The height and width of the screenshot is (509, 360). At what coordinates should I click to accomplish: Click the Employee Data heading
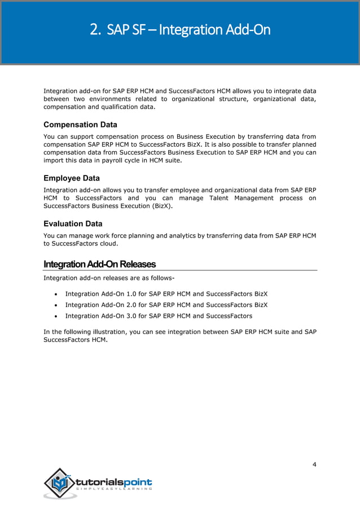tap(72, 178)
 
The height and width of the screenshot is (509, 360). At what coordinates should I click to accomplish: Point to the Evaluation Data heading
tap(73, 223)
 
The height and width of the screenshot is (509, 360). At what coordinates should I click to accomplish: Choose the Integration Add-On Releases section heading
tap(99, 265)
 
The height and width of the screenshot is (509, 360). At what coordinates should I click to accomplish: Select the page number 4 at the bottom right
tap(314, 464)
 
